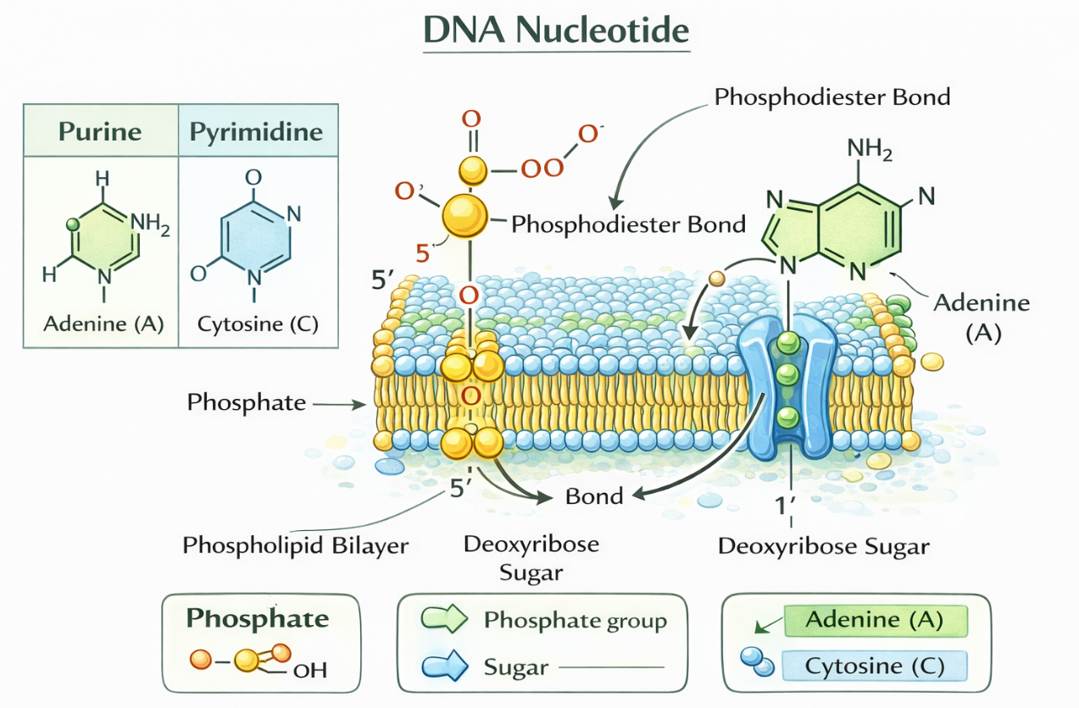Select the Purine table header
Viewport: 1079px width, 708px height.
pyautogui.click(x=100, y=132)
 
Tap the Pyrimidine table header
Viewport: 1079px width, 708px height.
pyautogui.click(x=256, y=132)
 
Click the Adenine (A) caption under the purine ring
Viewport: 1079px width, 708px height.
pyautogui.click(x=103, y=324)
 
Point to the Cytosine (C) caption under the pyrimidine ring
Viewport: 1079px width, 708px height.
pyautogui.click(x=258, y=324)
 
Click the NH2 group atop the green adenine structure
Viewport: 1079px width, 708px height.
pyautogui.click(x=870, y=151)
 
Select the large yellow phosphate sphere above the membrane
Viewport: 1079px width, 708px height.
pyautogui.click(x=465, y=215)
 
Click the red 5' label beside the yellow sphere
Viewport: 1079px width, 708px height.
pyautogui.click(x=425, y=252)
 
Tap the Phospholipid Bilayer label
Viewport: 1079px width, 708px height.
pyautogui.click(x=296, y=545)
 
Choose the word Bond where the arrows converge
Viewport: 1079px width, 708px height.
pyautogui.click(x=594, y=495)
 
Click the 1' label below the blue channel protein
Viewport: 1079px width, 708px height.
pyautogui.click(x=787, y=506)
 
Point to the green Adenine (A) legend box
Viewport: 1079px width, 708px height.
pyautogui.click(x=875, y=620)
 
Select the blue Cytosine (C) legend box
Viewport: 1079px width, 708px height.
pyautogui.click(x=875, y=665)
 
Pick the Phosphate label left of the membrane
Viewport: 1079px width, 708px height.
pyautogui.click(x=247, y=401)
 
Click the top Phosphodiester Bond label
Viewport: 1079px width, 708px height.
pyautogui.click(x=832, y=97)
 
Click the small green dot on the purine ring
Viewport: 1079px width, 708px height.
pyautogui.click(x=73, y=224)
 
